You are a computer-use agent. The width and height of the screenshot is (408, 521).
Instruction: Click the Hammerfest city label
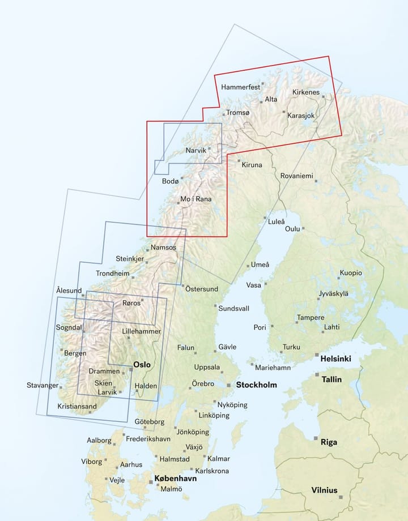tap(240, 87)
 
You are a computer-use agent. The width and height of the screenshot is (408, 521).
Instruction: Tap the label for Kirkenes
tap(306, 92)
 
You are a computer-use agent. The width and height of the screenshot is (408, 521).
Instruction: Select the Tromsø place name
tap(237, 113)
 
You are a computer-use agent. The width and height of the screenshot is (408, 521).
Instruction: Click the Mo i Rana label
tap(194, 199)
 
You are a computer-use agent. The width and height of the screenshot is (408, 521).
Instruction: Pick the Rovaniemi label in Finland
tap(296, 176)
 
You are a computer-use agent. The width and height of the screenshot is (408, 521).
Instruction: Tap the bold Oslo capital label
tap(142, 365)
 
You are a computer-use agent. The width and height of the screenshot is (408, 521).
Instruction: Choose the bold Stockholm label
tap(256, 385)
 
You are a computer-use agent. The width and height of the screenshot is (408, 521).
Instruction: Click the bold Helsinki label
tap(335, 358)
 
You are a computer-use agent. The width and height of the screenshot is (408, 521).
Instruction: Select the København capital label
tap(176, 479)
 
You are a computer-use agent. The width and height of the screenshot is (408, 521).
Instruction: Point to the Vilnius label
tap(324, 490)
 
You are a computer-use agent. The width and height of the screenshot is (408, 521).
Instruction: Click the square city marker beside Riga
tap(316, 438)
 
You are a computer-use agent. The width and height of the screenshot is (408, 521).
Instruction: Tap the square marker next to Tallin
tap(317, 374)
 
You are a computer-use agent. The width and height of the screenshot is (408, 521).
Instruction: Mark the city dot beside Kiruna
tap(239, 161)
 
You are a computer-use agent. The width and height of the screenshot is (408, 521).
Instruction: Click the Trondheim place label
tap(113, 273)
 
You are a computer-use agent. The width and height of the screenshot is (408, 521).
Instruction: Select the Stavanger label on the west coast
tap(42, 386)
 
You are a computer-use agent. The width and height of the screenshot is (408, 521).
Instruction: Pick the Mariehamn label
tap(273, 368)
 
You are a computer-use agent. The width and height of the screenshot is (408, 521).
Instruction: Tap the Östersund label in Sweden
tap(202, 289)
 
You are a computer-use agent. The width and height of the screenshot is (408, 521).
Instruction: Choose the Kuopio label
tap(351, 273)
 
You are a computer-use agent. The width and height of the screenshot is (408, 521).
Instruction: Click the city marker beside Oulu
tap(304, 229)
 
